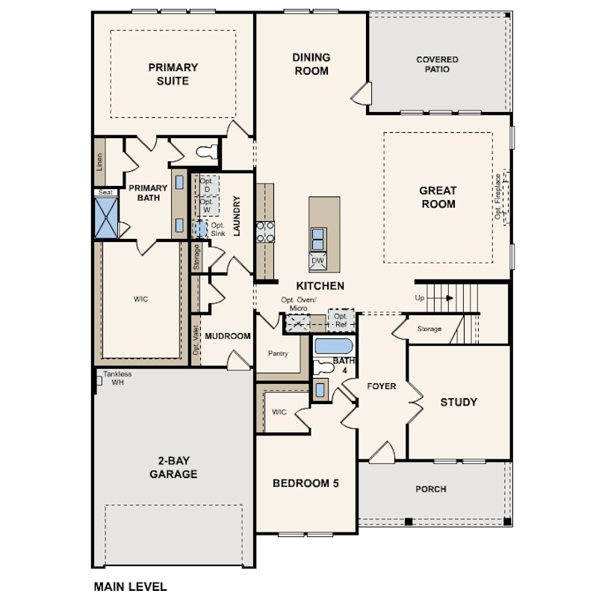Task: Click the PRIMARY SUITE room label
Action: point(173,74)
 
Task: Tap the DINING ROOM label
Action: point(311,64)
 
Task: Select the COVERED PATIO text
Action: point(437,64)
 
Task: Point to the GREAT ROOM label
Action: point(438,197)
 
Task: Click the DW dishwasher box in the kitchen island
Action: point(318,261)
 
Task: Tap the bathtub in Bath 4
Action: point(334,346)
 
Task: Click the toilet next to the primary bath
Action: point(207,152)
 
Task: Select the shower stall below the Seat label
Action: point(107,217)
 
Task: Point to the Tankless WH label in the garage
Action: point(117,378)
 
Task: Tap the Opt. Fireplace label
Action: point(497,196)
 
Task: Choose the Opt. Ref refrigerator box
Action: point(341,320)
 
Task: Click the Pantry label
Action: point(278,353)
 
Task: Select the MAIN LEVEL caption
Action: point(131,587)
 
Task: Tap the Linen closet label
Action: point(99,162)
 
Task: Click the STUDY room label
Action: point(459,402)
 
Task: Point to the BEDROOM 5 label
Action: point(305,483)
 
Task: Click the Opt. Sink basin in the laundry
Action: point(201,229)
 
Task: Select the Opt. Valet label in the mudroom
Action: point(196,341)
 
